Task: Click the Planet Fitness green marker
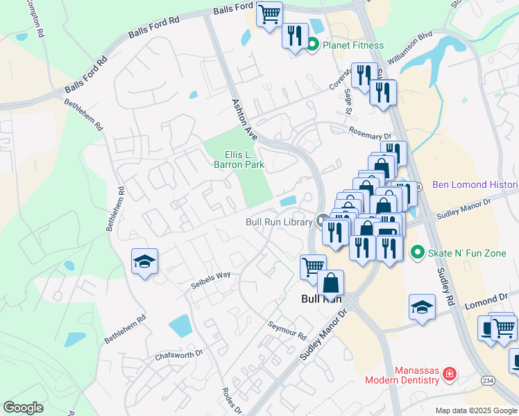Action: (312, 45)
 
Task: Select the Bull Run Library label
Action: (279, 222)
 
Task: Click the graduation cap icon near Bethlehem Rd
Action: (144, 261)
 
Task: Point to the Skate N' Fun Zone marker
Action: (417, 252)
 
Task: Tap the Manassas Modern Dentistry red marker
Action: (450, 374)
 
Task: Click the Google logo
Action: (24, 408)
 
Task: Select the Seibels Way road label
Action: (211, 279)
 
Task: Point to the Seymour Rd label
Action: (287, 329)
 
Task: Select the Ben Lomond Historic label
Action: (475, 185)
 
